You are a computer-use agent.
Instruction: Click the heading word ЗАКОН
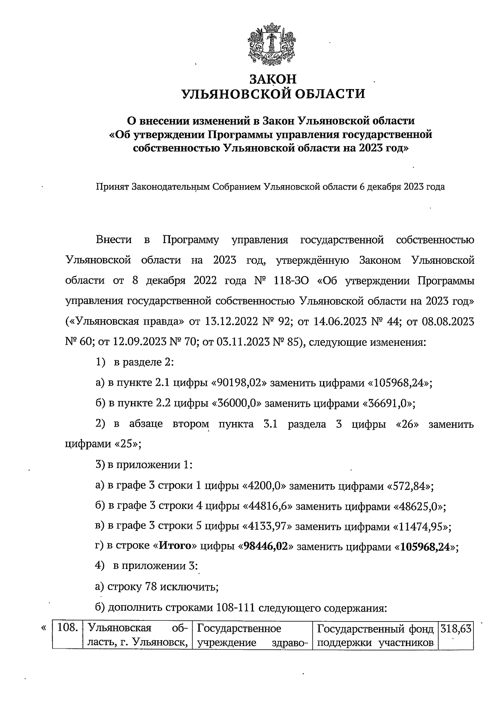point(273,79)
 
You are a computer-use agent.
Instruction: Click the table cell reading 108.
point(68,628)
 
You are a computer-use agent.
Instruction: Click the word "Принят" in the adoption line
point(112,187)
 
